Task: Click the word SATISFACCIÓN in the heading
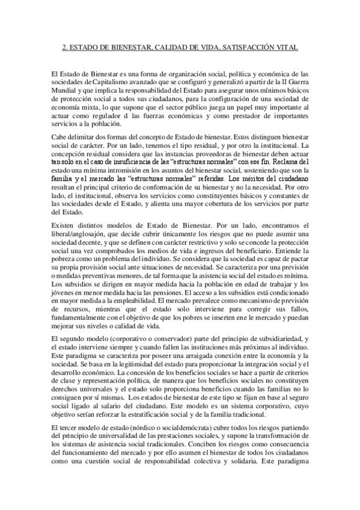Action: pos(239,46)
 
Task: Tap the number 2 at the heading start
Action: pos(66,46)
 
